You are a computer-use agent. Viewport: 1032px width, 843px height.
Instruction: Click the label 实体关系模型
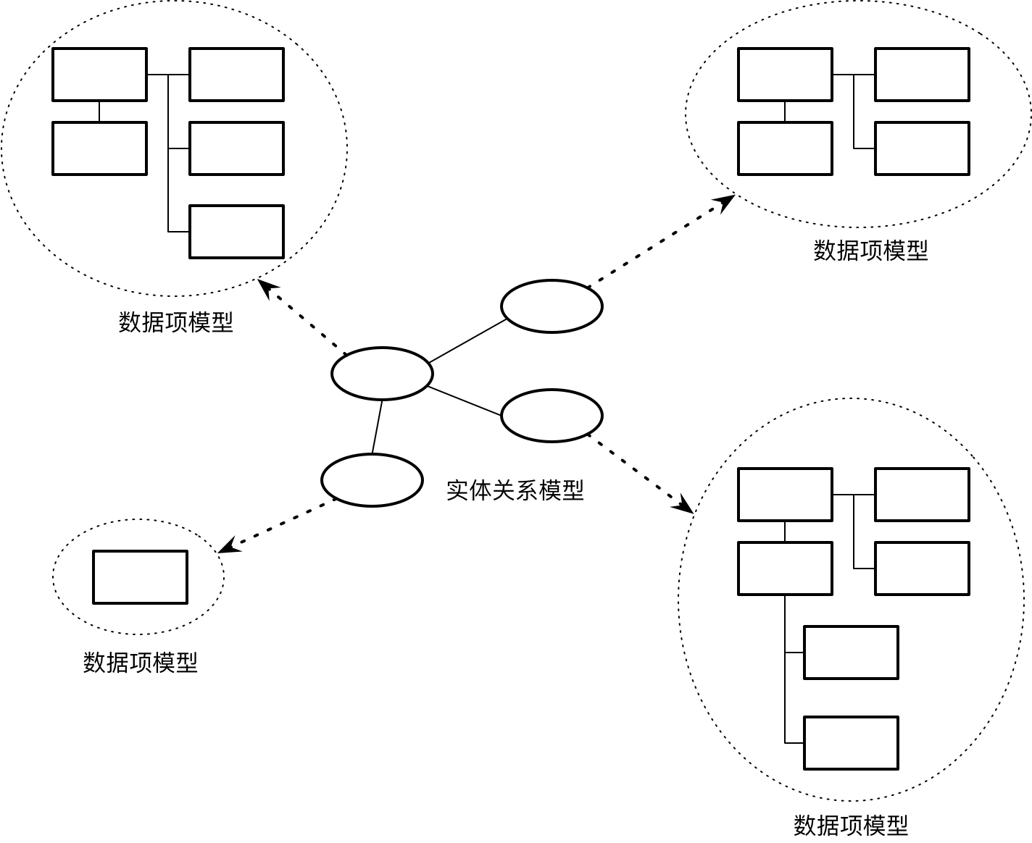tap(515, 491)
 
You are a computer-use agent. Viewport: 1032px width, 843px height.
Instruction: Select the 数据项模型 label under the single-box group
tap(140, 662)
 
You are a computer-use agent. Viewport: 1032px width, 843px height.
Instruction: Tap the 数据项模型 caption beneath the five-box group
tap(176, 322)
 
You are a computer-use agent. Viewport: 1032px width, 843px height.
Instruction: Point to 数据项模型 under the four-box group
tap(870, 251)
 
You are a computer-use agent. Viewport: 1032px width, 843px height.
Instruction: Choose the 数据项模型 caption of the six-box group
tap(851, 825)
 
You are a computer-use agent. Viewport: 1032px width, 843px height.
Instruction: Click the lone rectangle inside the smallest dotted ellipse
tap(140, 577)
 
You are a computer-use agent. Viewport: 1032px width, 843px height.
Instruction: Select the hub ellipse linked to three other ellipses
tap(382, 374)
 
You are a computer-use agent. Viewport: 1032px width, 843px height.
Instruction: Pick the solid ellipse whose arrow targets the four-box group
tap(552, 306)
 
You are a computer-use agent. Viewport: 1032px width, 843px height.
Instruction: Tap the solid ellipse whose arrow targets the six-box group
tap(552, 416)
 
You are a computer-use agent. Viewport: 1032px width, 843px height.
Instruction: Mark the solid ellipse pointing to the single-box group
tap(372, 480)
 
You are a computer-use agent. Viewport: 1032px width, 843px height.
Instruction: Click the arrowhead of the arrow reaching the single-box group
tap(226, 548)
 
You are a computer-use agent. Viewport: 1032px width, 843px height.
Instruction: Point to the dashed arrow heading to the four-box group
tap(659, 243)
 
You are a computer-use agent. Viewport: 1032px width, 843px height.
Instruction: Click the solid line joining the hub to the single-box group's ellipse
tap(377, 427)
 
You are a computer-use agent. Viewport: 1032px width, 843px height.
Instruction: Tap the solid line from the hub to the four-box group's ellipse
tap(467, 341)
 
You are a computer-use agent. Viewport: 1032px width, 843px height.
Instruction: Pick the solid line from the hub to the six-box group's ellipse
tap(464, 401)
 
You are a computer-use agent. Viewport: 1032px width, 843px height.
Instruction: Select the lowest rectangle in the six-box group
tap(851, 743)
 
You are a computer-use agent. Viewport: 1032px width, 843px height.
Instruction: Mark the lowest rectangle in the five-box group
tap(236, 232)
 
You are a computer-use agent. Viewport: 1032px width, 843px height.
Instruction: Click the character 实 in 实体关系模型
tap(457, 491)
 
